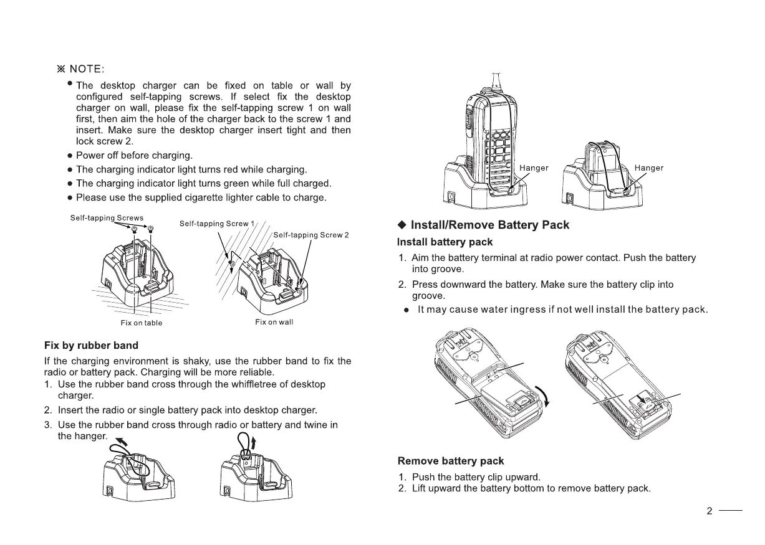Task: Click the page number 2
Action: (709, 512)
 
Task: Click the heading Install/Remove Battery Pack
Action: (489, 225)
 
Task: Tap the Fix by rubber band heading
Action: (91, 345)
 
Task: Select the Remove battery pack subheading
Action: (451, 461)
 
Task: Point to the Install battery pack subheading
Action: (445, 242)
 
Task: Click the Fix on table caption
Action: (142, 323)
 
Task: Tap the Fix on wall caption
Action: (274, 322)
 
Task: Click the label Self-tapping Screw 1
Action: (217, 224)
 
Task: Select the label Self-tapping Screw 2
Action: (311, 235)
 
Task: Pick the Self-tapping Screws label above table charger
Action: (107, 218)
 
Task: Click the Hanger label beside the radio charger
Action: (534, 168)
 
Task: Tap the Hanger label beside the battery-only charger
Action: (648, 168)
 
